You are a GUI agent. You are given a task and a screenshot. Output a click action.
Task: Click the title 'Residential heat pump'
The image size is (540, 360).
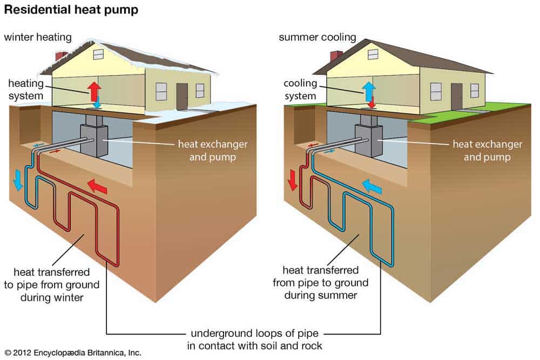pyautogui.click(x=71, y=10)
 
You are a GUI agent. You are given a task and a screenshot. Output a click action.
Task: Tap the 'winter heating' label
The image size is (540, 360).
pyautogui.click(x=38, y=37)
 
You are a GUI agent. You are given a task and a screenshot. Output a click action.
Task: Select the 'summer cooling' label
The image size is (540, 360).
pyautogui.click(x=318, y=37)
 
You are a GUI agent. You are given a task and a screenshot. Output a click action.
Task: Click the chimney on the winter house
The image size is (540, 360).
pyautogui.click(x=62, y=56)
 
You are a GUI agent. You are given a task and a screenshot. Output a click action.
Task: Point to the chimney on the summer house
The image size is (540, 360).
pyautogui.click(x=336, y=56)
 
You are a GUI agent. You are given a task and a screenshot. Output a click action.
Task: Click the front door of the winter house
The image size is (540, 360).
pyautogui.click(x=182, y=97)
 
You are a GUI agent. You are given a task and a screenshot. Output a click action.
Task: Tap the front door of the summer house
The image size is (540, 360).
pyautogui.click(x=457, y=97)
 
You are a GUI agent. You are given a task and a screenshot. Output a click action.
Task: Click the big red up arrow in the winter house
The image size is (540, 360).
pyautogui.click(x=94, y=91)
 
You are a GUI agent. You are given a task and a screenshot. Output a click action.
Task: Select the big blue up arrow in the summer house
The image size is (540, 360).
pyautogui.click(x=369, y=91)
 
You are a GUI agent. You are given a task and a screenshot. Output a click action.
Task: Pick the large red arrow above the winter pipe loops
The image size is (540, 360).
pyautogui.click(x=97, y=186)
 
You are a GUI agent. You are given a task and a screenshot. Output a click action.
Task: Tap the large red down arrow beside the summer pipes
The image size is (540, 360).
pyautogui.click(x=292, y=179)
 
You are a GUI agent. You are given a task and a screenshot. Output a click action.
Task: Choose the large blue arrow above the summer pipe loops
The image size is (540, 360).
pyautogui.click(x=372, y=186)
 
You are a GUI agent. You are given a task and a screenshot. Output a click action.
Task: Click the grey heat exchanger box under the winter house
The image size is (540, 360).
pyautogui.click(x=94, y=140)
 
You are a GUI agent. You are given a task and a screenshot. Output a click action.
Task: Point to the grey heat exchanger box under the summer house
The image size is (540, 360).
pyautogui.click(x=369, y=140)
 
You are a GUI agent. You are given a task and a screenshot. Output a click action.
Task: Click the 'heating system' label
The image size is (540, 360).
pyautogui.click(x=26, y=90)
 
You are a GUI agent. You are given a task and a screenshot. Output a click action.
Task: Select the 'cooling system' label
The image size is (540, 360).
pyautogui.click(x=300, y=90)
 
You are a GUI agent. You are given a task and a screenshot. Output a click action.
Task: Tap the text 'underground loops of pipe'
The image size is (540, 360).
pyautogui.click(x=254, y=333)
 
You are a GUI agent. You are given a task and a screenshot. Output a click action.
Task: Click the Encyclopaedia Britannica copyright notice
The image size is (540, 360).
pyautogui.click(x=73, y=353)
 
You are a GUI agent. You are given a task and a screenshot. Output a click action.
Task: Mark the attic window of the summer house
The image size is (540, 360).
pyautogui.click(x=373, y=55)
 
